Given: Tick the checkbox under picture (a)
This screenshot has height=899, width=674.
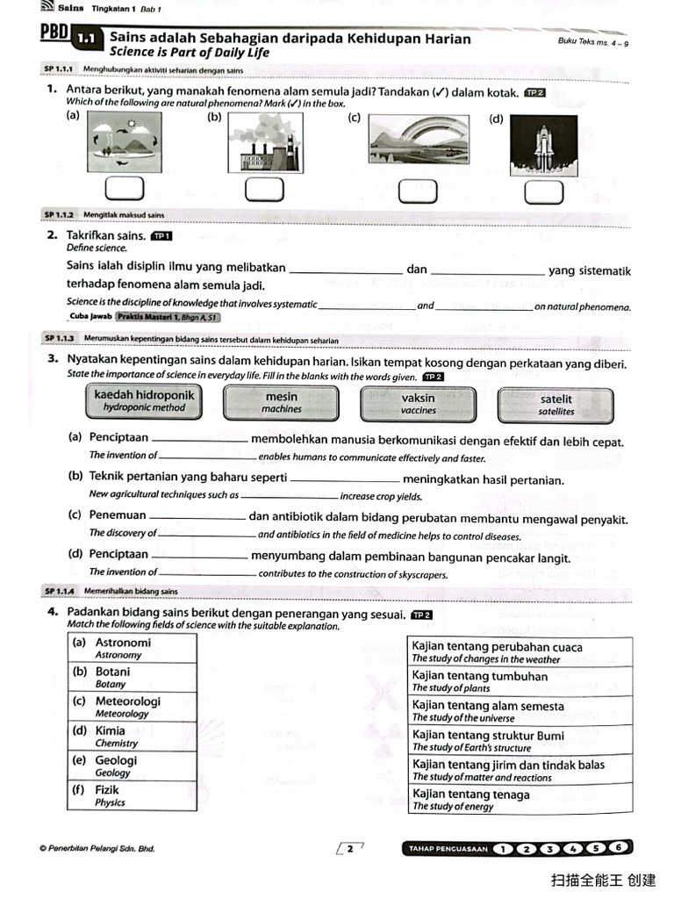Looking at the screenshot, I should [124, 189].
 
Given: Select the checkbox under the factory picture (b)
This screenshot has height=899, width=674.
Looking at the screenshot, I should [259, 189].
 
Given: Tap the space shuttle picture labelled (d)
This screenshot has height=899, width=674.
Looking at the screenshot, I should [543, 143].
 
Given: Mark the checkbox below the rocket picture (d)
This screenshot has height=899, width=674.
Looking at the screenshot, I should [544, 191].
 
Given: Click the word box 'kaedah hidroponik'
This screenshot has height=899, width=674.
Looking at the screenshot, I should [144, 401].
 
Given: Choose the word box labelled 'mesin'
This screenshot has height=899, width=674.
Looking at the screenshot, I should [282, 403].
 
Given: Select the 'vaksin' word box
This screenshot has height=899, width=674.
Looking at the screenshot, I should [419, 404].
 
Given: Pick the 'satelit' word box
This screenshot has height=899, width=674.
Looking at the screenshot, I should [556, 405].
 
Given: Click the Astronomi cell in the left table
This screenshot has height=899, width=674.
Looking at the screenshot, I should [133, 648].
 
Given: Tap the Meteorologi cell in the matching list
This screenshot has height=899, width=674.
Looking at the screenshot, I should [133, 707].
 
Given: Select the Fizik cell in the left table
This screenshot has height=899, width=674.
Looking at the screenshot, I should [133, 795].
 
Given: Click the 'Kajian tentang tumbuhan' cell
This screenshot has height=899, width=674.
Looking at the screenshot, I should [521, 681].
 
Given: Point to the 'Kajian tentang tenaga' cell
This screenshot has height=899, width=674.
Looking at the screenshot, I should [521, 800].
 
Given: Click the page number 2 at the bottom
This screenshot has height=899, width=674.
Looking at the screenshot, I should [349, 848].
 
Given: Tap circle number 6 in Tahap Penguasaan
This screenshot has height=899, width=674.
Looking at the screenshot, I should [619, 848].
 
